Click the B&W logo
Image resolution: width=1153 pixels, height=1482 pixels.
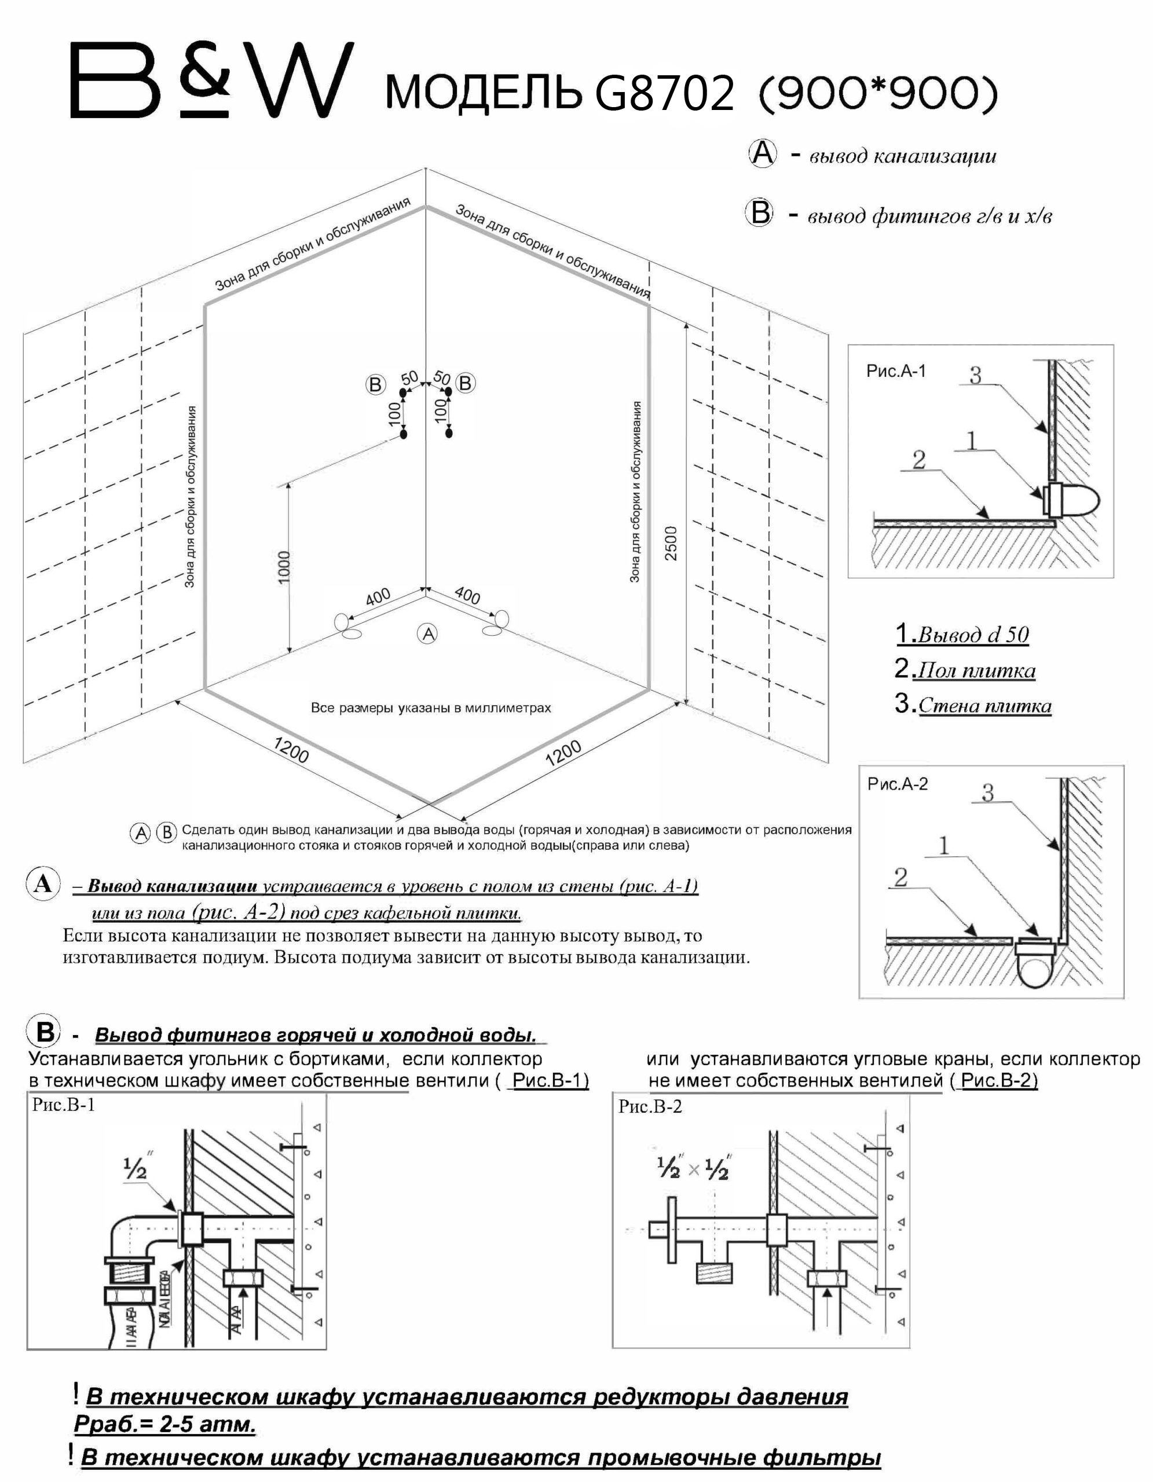pos(212,80)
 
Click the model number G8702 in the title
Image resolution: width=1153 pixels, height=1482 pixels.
pos(664,94)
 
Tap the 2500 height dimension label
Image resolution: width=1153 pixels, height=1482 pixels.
pos(671,543)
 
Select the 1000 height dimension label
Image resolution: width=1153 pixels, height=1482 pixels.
pos(284,567)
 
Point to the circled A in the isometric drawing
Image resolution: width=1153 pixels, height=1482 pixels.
pos(427,634)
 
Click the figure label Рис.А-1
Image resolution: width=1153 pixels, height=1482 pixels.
pos(896,371)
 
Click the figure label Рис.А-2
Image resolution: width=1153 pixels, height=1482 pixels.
pos(897,784)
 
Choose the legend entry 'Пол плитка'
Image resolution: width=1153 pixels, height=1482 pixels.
pos(975,670)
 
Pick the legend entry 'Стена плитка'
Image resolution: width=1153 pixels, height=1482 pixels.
pos(984,706)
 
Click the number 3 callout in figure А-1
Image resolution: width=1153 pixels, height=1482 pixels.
pos(975,375)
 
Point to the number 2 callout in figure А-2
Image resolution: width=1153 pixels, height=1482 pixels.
pos(901,878)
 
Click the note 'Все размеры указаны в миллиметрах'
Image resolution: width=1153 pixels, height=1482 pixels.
pos(431,708)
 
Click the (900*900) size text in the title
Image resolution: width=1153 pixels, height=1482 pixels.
pos(877,94)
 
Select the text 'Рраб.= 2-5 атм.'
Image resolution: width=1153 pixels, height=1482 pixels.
pos(165,1424)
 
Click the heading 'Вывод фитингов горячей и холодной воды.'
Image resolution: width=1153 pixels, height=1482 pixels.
pos(316,1035)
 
